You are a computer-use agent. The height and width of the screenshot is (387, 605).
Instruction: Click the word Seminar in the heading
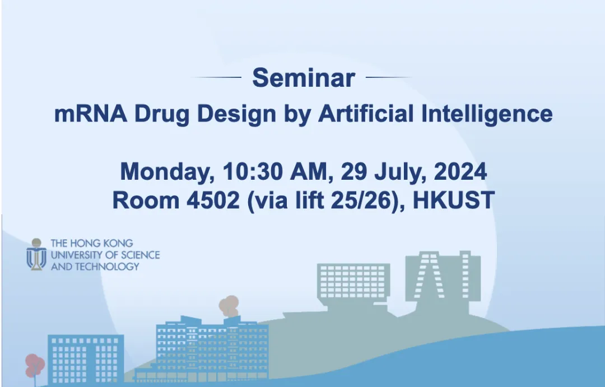click(x=303, y=78)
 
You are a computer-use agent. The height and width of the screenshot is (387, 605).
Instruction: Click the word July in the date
click(x=393, y=171)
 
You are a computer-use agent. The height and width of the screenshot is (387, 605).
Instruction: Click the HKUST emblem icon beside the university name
click(x=36, y=255)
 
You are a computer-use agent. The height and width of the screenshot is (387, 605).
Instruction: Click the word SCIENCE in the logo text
click(x=138, y=255)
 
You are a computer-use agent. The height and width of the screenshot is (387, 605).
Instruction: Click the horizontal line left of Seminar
click(x=216, y=77)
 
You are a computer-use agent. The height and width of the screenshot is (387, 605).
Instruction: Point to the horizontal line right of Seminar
click(x=389, y=77)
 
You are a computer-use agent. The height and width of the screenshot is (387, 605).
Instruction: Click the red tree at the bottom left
click(x=34, y=367)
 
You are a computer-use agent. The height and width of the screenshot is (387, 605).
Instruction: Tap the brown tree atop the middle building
click(x=229, y=306)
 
